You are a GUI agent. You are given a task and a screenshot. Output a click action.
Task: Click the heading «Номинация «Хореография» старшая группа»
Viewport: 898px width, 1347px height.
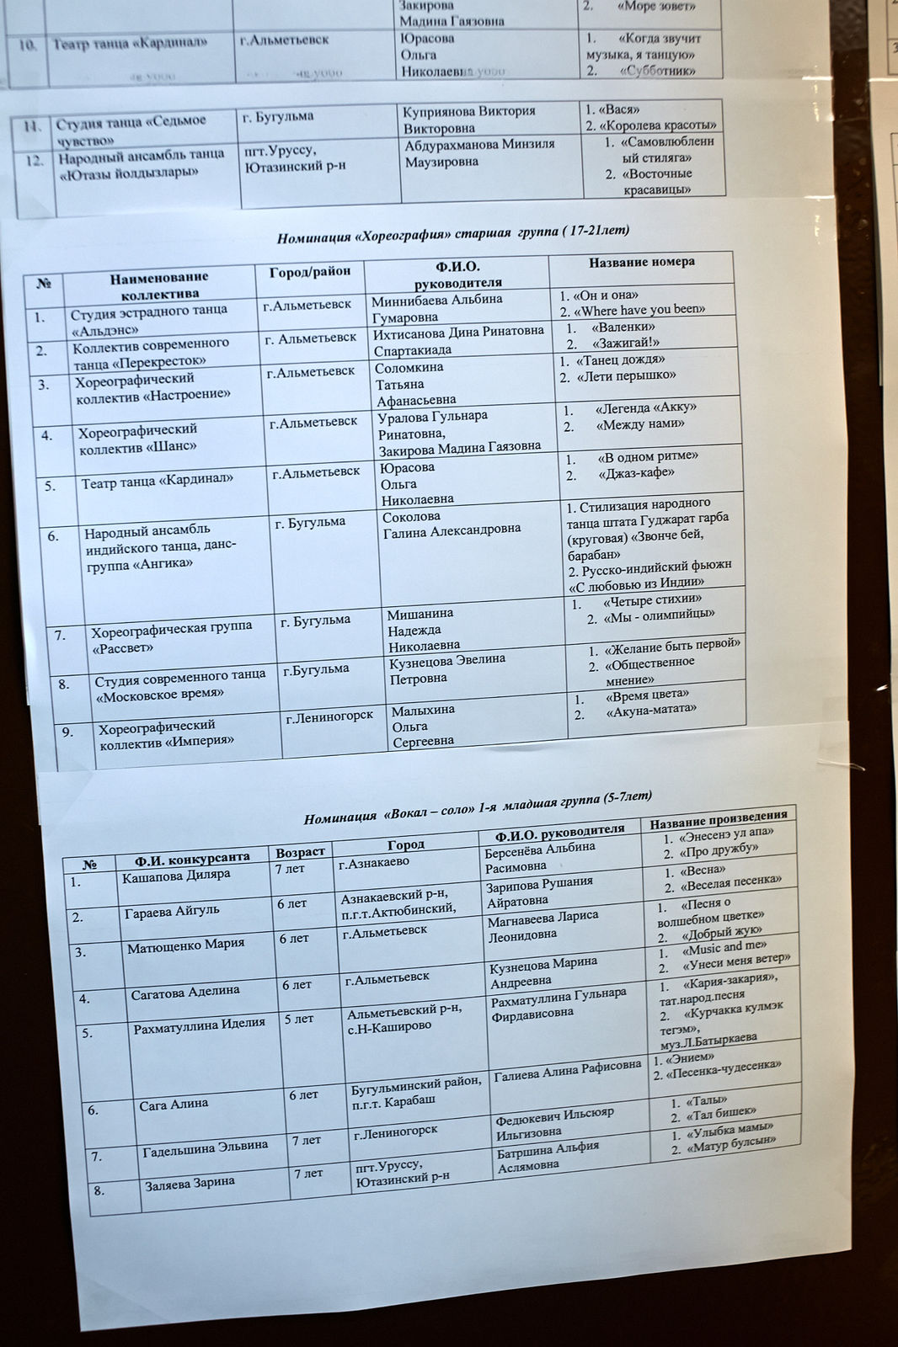(452, 234)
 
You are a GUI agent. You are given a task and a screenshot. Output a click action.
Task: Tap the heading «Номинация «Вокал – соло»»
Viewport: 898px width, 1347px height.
(477, 807)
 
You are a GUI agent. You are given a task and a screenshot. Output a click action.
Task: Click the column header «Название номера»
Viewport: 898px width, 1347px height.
(641, 263)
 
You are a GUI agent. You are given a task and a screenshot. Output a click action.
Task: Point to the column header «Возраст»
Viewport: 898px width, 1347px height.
(300, 852)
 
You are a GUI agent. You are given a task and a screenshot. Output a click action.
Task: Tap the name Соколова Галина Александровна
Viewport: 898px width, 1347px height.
(451, 524)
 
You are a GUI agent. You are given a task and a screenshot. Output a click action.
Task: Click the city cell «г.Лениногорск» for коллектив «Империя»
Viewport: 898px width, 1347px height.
(329, 716)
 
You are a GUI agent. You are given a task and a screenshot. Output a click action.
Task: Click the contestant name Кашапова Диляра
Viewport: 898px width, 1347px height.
(175, 876)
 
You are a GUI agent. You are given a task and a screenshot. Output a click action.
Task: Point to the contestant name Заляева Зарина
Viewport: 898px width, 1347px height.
(190, 1182)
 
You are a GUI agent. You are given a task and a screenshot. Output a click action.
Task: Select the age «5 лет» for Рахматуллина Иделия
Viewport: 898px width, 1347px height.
(299, 1019)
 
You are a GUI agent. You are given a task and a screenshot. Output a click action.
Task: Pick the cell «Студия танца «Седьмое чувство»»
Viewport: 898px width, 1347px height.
(131, 130)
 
